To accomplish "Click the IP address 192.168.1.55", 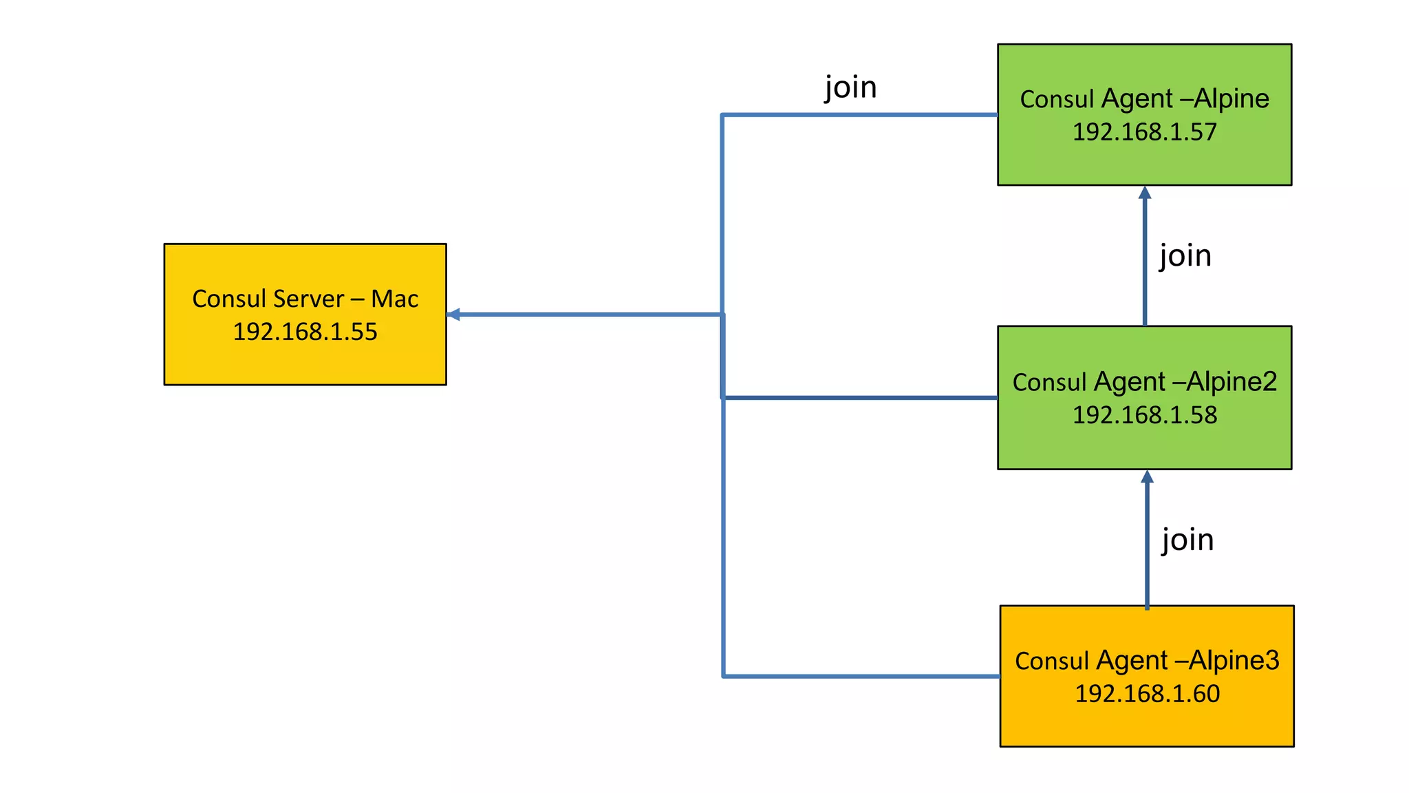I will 305,332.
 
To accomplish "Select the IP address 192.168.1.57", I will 1144,132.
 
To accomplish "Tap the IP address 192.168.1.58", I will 1144,415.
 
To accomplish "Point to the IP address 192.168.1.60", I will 1147,694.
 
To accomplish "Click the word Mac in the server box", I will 394,299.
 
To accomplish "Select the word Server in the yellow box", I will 308,299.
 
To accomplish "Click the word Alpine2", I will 1231,381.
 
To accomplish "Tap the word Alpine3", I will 1234,660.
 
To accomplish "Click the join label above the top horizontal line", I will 850,87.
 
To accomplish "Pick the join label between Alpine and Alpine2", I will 1185,256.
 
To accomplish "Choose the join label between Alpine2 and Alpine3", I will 1187,540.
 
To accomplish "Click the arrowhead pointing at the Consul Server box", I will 453,315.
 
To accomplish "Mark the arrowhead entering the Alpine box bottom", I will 1145,193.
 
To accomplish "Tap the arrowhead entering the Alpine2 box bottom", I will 1147,476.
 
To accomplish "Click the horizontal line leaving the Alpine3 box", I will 860,676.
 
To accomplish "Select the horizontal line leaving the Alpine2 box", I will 860,398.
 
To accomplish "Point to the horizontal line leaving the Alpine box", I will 860,115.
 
